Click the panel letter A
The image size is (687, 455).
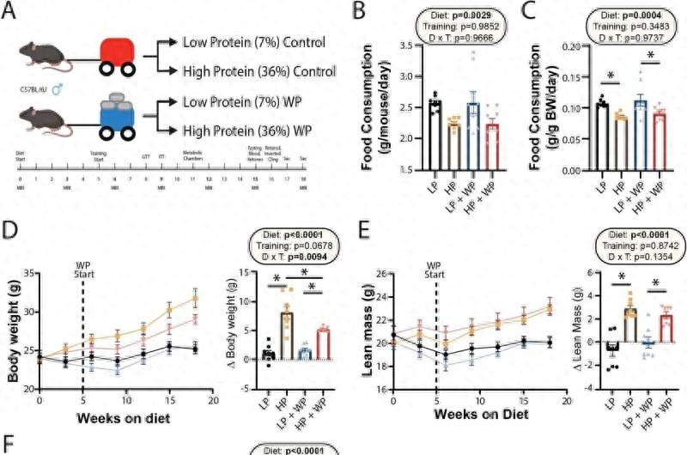[13, 12]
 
